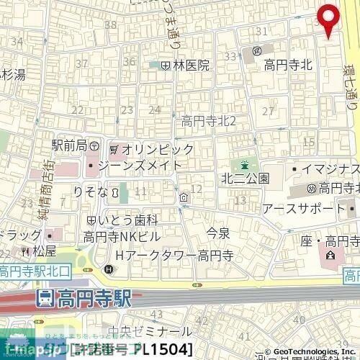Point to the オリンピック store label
pos(157,149)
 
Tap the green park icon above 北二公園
pos(246,163)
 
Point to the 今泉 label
pos(217,232)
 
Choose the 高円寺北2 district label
pos(209,120)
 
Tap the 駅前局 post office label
pos(69,145)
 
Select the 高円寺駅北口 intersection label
pos(35,271)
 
